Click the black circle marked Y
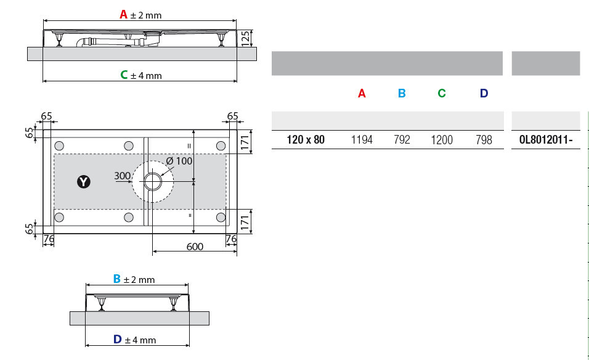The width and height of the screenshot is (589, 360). click(83, 182)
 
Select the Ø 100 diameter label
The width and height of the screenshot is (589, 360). click(179, 161)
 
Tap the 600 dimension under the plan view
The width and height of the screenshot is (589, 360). click(195, 247)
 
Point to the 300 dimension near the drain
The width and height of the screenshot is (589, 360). click(122, 176)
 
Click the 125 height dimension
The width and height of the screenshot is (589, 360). click(245, 38)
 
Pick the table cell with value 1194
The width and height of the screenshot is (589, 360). click(362, 140)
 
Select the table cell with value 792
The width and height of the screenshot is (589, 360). click(402, 140)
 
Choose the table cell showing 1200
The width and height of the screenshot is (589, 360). click(441, 140)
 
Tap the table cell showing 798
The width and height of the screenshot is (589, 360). click(484, 140)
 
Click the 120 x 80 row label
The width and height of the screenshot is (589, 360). click(306, 140)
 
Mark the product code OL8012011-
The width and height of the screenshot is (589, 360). click(545, 140)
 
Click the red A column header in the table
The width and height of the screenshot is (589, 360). click(362, 93)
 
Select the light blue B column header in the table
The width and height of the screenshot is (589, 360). click(402, 93)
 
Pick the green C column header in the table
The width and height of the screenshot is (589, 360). click(442, 93)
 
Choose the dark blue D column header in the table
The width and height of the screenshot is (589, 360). click(484, 93)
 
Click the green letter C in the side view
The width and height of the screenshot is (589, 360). click(124, 75)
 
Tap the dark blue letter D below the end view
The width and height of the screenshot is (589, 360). click(117, 339)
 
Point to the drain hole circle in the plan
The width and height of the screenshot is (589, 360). click(153, 181)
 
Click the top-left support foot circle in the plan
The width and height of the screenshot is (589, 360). click(59, 146)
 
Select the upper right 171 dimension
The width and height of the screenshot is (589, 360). click(245, 142)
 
